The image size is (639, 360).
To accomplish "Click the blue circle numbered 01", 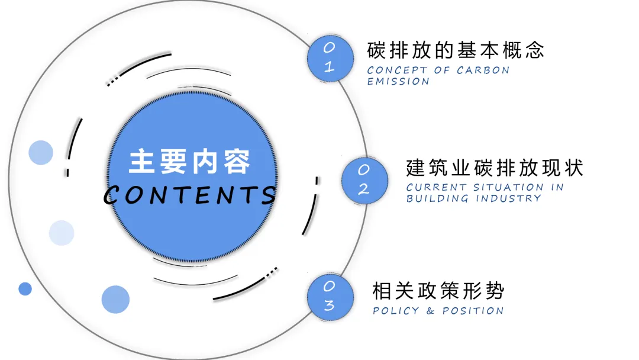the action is click(330, 58).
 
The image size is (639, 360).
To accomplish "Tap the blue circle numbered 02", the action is click(364, 180).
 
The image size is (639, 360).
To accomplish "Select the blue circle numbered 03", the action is click(330, 297).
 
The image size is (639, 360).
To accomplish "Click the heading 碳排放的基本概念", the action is click(456, 50).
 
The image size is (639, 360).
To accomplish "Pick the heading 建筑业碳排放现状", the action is click(495, 168).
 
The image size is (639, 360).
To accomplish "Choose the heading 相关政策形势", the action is click(438, 291).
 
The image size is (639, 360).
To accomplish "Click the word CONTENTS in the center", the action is click(191, 195).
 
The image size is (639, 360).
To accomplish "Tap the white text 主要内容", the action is click(189, 162).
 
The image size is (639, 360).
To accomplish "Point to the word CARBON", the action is click(483, 70).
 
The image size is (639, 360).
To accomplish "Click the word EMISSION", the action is click(398, 82).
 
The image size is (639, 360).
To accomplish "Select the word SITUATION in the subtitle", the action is click(508, 187).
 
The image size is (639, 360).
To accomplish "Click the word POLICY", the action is click(396, 311).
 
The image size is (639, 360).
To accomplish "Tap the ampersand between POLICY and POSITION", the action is click(430, 311).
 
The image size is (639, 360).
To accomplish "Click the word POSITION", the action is click(473, 311).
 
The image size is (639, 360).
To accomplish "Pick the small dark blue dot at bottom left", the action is click(25, 289).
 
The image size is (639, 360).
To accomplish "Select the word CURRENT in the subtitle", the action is click(436, 187).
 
